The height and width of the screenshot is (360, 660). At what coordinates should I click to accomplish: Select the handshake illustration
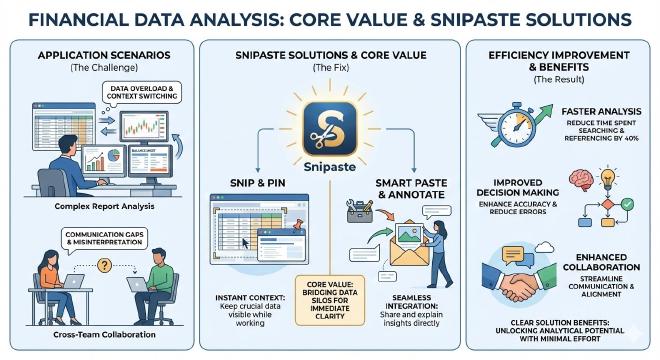(x=516, y=284)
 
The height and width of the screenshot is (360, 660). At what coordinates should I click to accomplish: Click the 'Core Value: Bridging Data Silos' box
(x=329, y=300)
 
